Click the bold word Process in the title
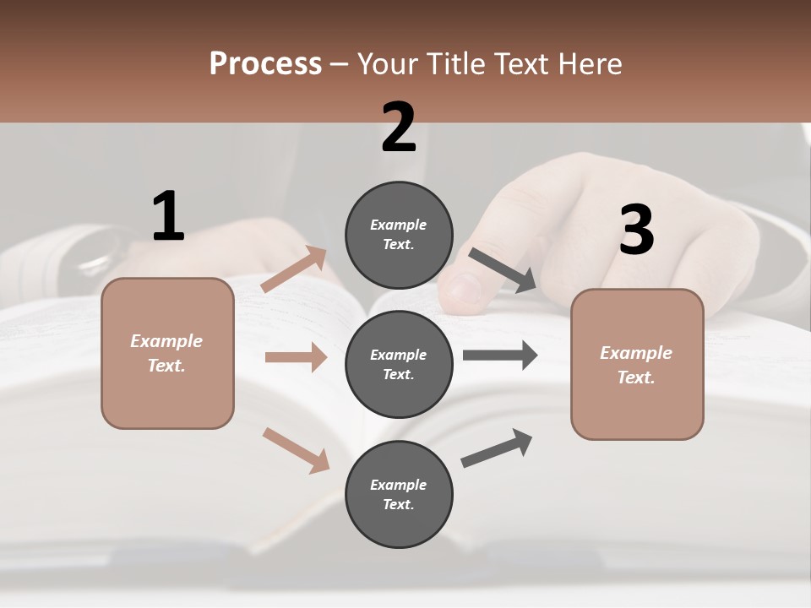coord(265,63)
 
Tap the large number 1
coord(168,216)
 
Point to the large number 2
coord(399,128)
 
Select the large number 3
coord(636,231)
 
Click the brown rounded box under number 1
coord(167,353)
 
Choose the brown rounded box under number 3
coord(637,364)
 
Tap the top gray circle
coord(399,235)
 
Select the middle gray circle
coord(399,364)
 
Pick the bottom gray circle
coord(399,494)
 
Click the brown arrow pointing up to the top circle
coord(294,269)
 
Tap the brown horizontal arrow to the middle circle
coord(295,357)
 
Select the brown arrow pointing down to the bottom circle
coord(296,449)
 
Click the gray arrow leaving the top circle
coord(503,270)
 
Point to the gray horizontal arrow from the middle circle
coord(499,356)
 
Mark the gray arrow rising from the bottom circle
coord(497,448)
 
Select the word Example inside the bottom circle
coord(399,485)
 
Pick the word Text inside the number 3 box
coord(635,377)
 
